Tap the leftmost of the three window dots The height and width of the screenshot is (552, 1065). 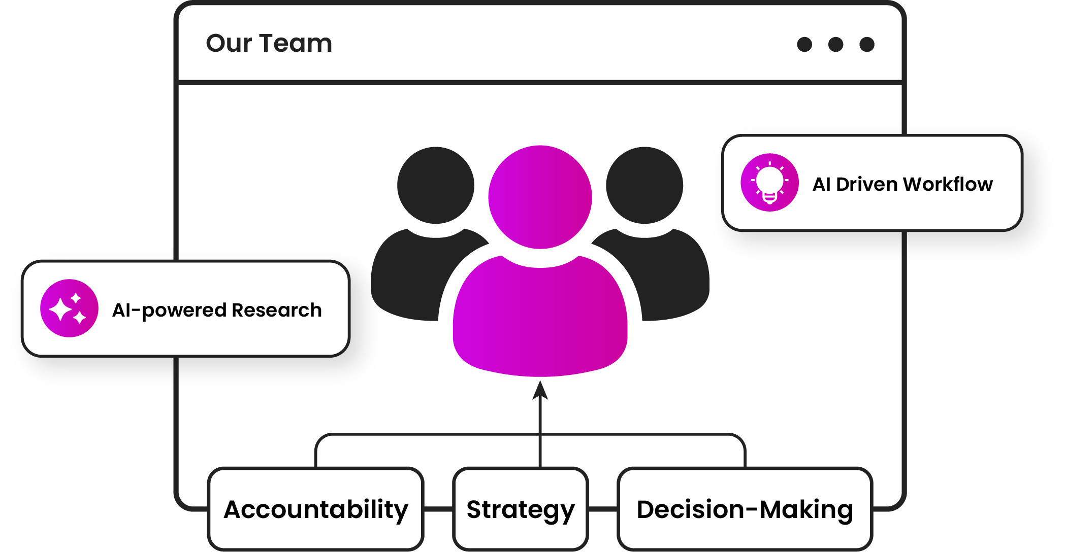click(x=804, y=45)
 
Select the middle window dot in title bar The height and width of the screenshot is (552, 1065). click(x=835, y=45)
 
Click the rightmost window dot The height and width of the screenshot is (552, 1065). click(x=867, y=45)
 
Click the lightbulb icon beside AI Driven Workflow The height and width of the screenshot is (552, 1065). click(x=769, y=183)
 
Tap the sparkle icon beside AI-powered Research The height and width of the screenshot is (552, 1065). click(x=69, y=308)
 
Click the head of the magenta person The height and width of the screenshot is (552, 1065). click(x=540, y=197)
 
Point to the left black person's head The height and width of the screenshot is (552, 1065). click(x=435, y=185)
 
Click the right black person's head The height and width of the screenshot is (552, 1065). click(x=644, y=185)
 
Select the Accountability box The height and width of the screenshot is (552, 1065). click(x=316, y=509)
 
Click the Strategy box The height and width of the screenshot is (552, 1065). click(x=521, y=509)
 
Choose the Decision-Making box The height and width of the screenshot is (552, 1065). click(x=745, y=509)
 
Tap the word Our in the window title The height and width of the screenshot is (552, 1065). click(x=229, y=43)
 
